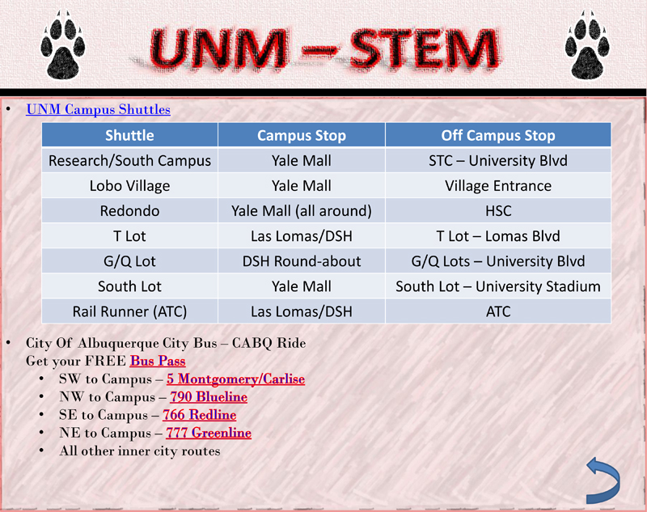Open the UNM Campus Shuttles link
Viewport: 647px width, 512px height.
point(98,109)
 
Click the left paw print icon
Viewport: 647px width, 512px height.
point(63,46)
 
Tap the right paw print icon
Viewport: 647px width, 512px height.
point(587,46)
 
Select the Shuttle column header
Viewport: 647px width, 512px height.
point(129,135)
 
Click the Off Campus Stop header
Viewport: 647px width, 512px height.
point(498,135)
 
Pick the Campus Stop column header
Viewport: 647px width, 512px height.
point(302,135)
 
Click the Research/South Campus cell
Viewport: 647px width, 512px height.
point(129,160)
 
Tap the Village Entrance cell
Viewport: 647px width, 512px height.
point(498,186)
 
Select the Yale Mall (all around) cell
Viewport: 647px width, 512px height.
point(302,211)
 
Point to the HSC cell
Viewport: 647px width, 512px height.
point(498,211)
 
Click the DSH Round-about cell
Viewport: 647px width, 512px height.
point(302,261)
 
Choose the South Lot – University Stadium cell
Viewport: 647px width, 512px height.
point(498,286)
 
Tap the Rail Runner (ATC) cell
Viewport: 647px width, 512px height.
point(129,311)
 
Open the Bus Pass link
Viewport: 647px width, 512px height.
point(158,361)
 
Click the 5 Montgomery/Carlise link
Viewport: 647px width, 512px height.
point(235,379)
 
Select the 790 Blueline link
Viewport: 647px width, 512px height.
point(209,397)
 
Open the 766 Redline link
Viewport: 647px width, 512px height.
point(199,415)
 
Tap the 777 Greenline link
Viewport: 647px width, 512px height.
point(209,433)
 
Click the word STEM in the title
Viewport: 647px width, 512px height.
point(425,49)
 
